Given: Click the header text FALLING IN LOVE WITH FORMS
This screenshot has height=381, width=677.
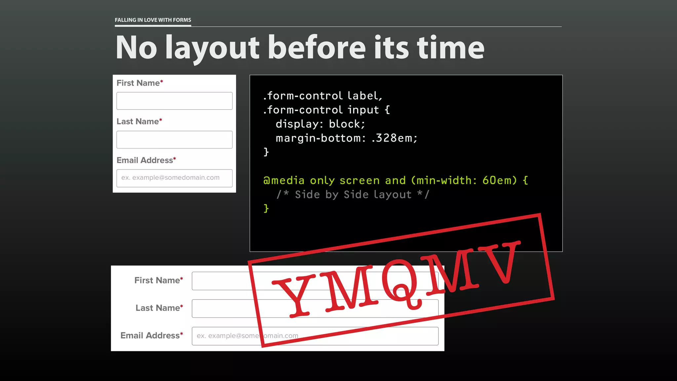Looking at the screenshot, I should pyautogui.click(x=153, y=20).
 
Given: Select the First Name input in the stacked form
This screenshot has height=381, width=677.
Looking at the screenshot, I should pyautogui.click(x=174, y=101).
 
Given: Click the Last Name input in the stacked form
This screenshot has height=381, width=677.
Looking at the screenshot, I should pyautogui.click(x=174, y=140).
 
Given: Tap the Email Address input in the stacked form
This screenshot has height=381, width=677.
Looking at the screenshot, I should pyautogui.click(x=174, y=178).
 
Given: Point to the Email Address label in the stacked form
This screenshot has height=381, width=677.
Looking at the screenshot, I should pyautogui.click(x=145, y=160).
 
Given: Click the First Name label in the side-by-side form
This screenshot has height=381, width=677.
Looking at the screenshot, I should pyautogui.click(x=157, y=280).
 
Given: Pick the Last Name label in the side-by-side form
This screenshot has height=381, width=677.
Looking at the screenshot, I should pyautogui.click(x=158, y=308).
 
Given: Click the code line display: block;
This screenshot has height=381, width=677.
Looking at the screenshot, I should pyautogui.click(x=320, y=124).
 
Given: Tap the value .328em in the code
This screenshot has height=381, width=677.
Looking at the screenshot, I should pyautogui.click(x=392, y=138).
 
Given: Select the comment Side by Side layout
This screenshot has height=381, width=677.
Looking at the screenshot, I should pyautogui.click(x=353, y=194).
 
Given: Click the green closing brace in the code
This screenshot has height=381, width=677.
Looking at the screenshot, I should pyautogui.click(x=266, y=208).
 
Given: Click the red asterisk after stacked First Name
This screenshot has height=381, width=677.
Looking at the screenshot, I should pyautogui.click(x=162, y=81).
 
